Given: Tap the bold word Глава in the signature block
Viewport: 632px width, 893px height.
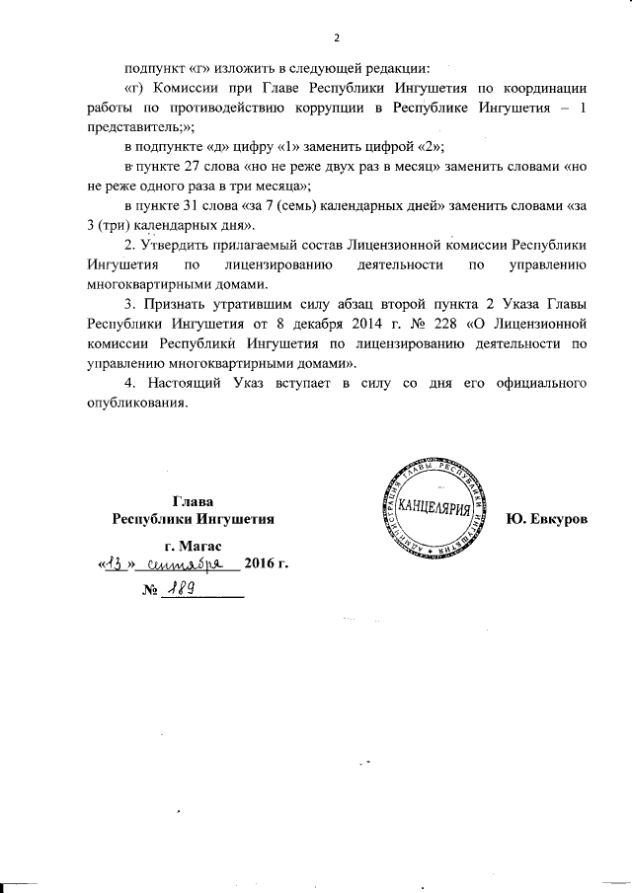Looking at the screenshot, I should click(193, 501).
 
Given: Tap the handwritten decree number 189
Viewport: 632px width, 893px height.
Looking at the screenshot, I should click(182, 589).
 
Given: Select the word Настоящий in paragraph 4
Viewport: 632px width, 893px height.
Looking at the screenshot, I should click(191, 381).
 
